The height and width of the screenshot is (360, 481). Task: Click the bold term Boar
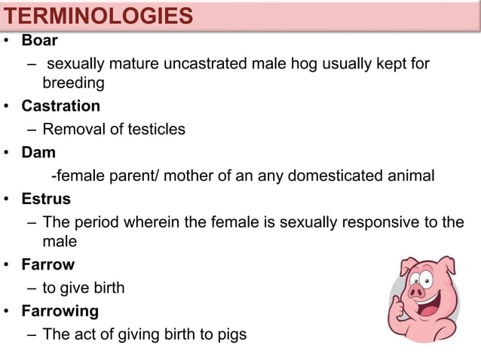(39, 41)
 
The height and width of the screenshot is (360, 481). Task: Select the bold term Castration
(60, 106)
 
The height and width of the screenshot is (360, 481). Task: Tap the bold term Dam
(38, 152)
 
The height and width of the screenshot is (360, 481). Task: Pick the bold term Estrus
(46, 200)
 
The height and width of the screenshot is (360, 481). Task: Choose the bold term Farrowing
(60, 310)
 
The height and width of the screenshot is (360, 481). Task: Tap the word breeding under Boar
(72, 83)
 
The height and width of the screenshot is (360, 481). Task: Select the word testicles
(155, 129)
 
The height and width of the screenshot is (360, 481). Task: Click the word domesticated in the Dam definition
(346, 176)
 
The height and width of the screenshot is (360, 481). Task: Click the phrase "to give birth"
(83, 288)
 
